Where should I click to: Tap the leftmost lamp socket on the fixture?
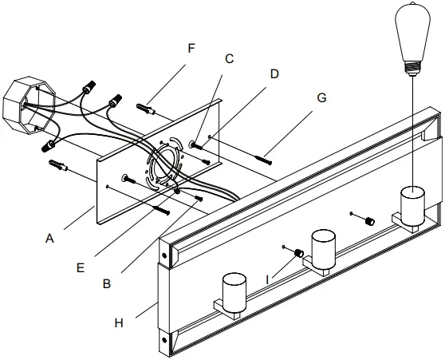coord(233,290)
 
